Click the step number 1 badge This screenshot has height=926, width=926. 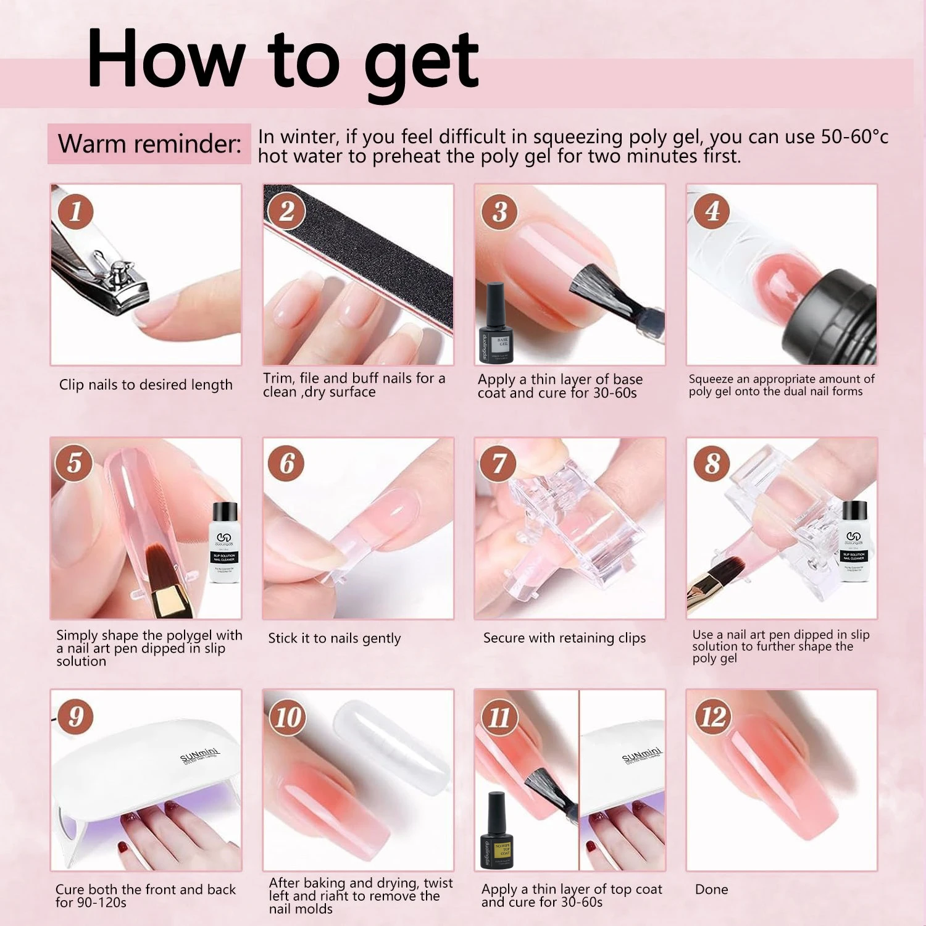pyautogui.click(x=75, y=211)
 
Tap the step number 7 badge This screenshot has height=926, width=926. pyautogui.click(x=499, y=463)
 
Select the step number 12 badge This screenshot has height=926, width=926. pyautogui.click(x=712, y=717)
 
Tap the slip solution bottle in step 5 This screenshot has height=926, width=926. pyautogui.click(x=225, y=543)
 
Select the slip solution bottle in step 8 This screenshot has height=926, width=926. pyautogui.click(x=854, y=543)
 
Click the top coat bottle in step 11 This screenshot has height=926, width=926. pyautogui.click(x=497, y=830)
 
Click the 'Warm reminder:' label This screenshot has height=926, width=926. pyautogui.click(x=149, y=144)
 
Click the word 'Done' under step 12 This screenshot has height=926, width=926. pyautogui.click(x=711, y=890)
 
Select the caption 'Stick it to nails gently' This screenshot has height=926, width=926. pyautogui.click(x=334, y=638)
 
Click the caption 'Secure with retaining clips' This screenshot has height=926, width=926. pyautogui.click(x=564, y=638)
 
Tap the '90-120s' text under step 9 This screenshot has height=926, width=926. pyautogui.click(x=100, y=903)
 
